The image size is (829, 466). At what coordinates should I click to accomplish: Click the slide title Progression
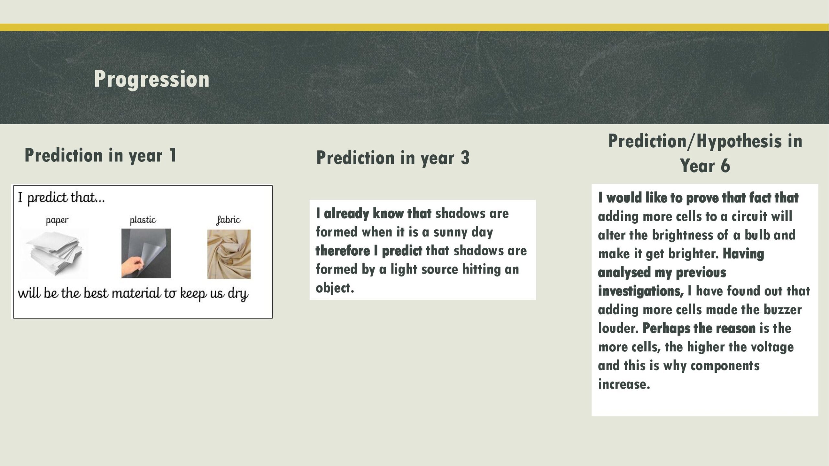152,79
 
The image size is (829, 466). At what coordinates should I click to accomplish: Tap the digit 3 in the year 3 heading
465,158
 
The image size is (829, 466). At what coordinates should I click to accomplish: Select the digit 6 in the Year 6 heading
725,166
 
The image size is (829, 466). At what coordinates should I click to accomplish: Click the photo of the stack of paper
54,254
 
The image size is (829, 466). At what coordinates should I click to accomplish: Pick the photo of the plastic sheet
146,253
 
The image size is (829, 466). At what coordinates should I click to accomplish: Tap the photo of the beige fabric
229,254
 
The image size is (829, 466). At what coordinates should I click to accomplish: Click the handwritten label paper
57,221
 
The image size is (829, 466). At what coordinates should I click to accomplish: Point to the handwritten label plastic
143,220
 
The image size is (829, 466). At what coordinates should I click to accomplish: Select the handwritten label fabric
228,220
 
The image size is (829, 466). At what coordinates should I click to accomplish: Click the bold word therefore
343,251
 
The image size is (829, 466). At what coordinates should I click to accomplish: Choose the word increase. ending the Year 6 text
624,384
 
